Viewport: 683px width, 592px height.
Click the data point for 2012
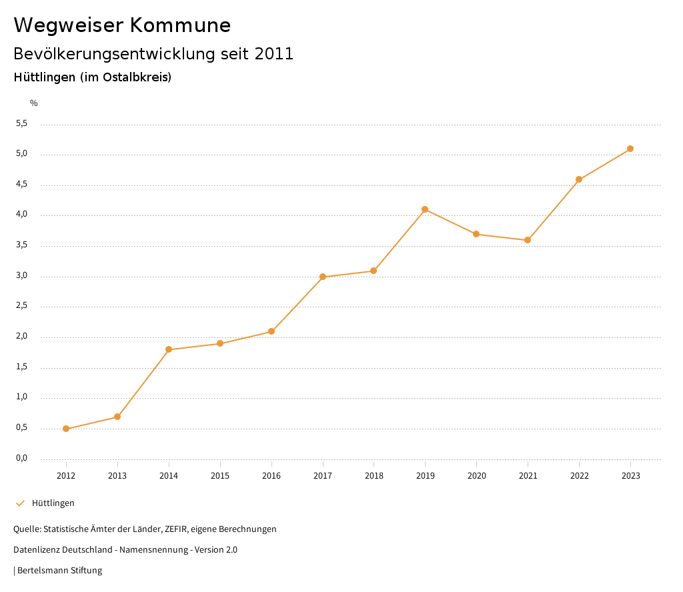coord(66,429)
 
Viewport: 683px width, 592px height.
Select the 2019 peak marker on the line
coord(425,209)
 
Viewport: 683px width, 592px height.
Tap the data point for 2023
coord(630,149)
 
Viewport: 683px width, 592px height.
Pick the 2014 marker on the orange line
coord(169,349)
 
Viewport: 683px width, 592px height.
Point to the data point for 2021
coord(528,240)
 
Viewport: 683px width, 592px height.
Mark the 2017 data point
coord(323,277)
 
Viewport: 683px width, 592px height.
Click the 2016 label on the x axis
coord(271,475)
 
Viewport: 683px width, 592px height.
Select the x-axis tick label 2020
coord(476,475)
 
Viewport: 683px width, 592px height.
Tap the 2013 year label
coord(117,475)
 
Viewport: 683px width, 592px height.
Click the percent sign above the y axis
coord(34,103)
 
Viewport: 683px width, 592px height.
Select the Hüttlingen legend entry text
coord(53,503)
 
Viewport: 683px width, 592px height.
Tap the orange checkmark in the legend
coord(20,503)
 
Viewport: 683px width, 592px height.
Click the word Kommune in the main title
coord(180,25)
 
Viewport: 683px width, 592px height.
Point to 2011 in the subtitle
coord(274,54)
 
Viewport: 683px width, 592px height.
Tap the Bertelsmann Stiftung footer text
coord(59,571)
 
